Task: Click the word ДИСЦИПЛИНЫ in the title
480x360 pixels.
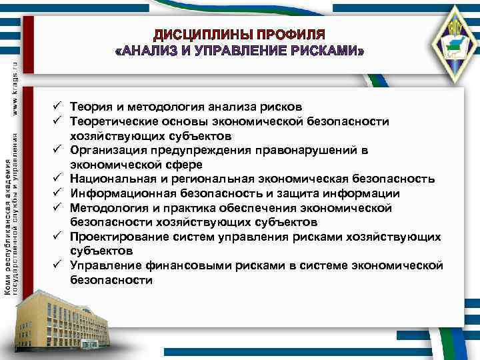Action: (x=196, y=34)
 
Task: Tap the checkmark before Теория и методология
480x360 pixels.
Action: (x=58, y=107)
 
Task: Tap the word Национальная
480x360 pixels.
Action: (x=111, y=179)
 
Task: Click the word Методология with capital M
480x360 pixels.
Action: (x=107, y=208)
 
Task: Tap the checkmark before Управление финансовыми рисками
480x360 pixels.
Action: (x=58, y=265)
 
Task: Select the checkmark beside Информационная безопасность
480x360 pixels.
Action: (x=58, y=193)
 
